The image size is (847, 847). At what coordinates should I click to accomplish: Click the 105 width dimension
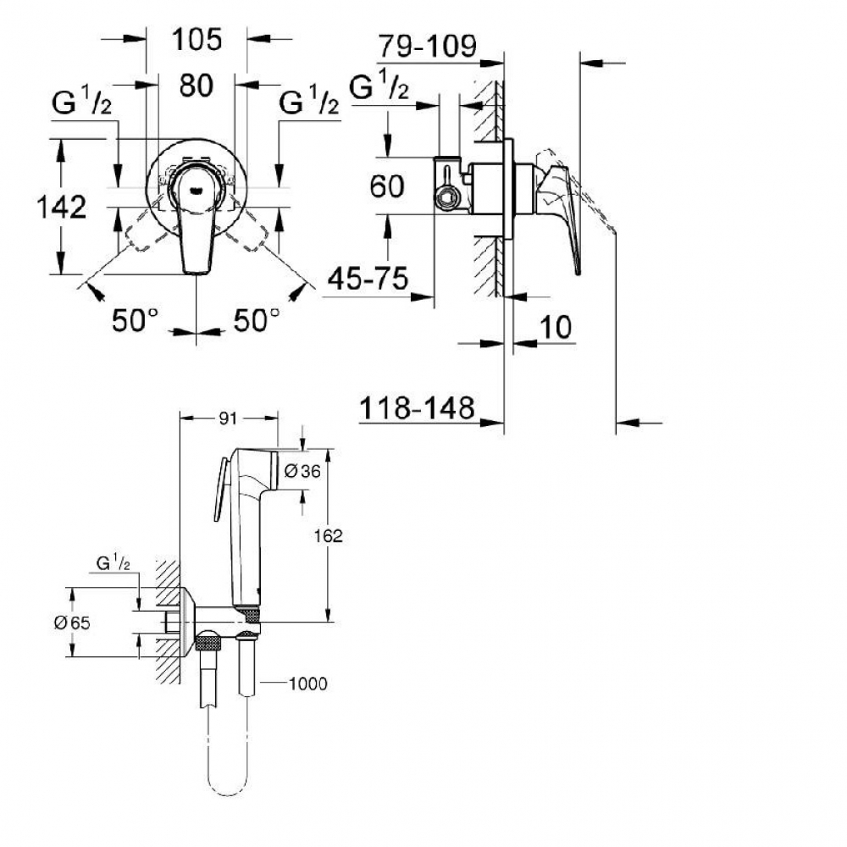tap(197, 40)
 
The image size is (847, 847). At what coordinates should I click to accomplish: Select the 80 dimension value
tap(197, 86)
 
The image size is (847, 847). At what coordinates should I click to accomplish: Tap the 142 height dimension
tap(62, 207)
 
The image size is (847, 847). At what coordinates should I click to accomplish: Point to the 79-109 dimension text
tap(427, 46)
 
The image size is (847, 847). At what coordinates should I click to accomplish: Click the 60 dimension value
tap(387, 186)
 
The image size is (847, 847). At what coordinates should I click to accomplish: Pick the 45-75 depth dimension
tap(368, 279)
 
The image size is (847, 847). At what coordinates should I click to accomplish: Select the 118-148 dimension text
tap(417, 408)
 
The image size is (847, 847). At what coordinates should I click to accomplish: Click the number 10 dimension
tap(556, 327)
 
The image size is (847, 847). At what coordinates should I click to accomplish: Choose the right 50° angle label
tap(257, 320)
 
